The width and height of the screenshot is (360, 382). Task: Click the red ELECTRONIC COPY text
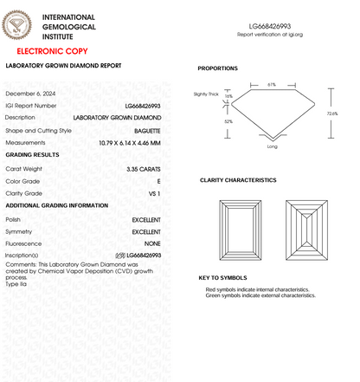coord(51,53)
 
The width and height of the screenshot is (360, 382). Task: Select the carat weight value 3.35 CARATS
coord(143,168)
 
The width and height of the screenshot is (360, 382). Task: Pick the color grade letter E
coord(159,180)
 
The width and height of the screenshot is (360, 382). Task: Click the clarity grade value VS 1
coord(154,193)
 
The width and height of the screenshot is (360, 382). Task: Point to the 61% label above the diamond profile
coord(271,85)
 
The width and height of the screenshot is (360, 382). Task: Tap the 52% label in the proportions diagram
coord(228,122)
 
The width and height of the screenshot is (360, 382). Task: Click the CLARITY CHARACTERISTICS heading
coord(238,180)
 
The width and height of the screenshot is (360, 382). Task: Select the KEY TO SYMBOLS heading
coord(222,277)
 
